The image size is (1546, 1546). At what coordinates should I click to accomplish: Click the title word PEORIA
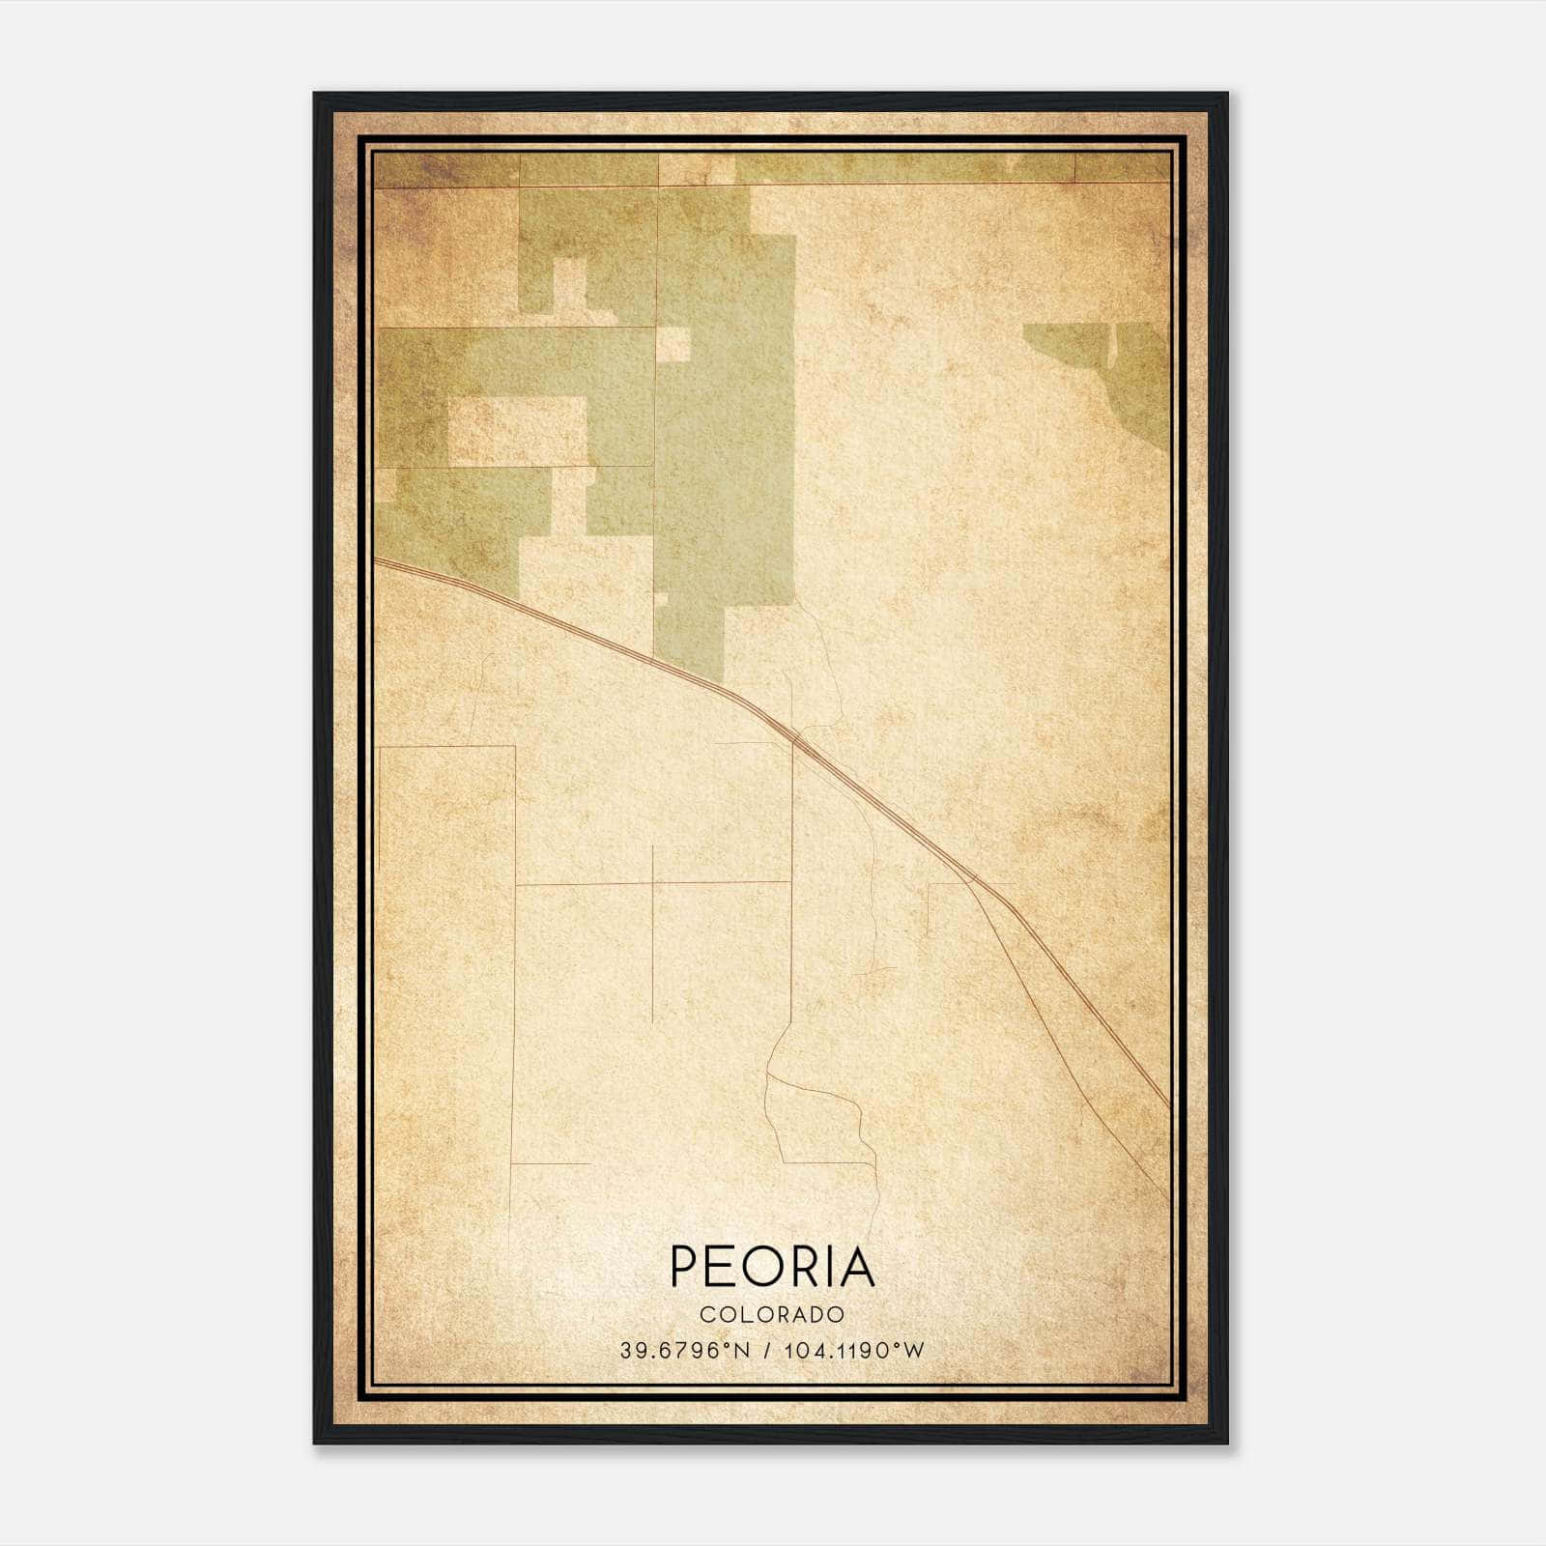coord(772,1267)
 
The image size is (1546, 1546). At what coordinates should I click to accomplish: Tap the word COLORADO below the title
coord(772,1314)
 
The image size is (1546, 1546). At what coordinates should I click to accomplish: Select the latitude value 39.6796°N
coord(685,1350)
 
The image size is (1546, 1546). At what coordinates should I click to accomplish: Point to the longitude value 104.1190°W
coord(854,1350)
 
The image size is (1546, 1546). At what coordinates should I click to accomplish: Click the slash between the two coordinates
coord(767,1350)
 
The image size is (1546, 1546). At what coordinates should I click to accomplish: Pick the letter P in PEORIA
coord(685,1267)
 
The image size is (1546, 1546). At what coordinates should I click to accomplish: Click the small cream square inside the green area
coord(674,344)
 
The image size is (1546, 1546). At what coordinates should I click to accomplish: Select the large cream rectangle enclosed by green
coord(518,431)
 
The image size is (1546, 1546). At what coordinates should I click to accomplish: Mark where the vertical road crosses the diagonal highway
coord(793,738)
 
